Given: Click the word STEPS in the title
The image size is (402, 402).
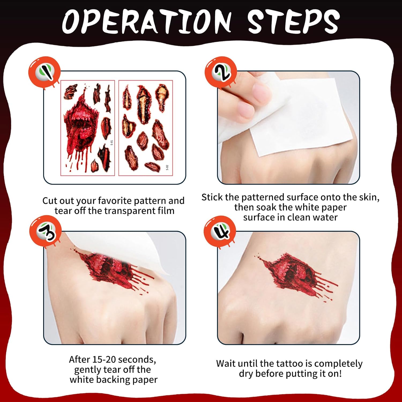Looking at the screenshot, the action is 293,21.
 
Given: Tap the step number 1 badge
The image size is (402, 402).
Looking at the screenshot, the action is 44,72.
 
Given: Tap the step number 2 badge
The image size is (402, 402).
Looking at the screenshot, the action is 221,72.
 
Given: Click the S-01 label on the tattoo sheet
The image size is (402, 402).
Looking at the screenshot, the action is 112,143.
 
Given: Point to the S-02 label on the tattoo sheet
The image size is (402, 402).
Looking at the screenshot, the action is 167,167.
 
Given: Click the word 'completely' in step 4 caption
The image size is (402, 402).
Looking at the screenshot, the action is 338,364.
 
